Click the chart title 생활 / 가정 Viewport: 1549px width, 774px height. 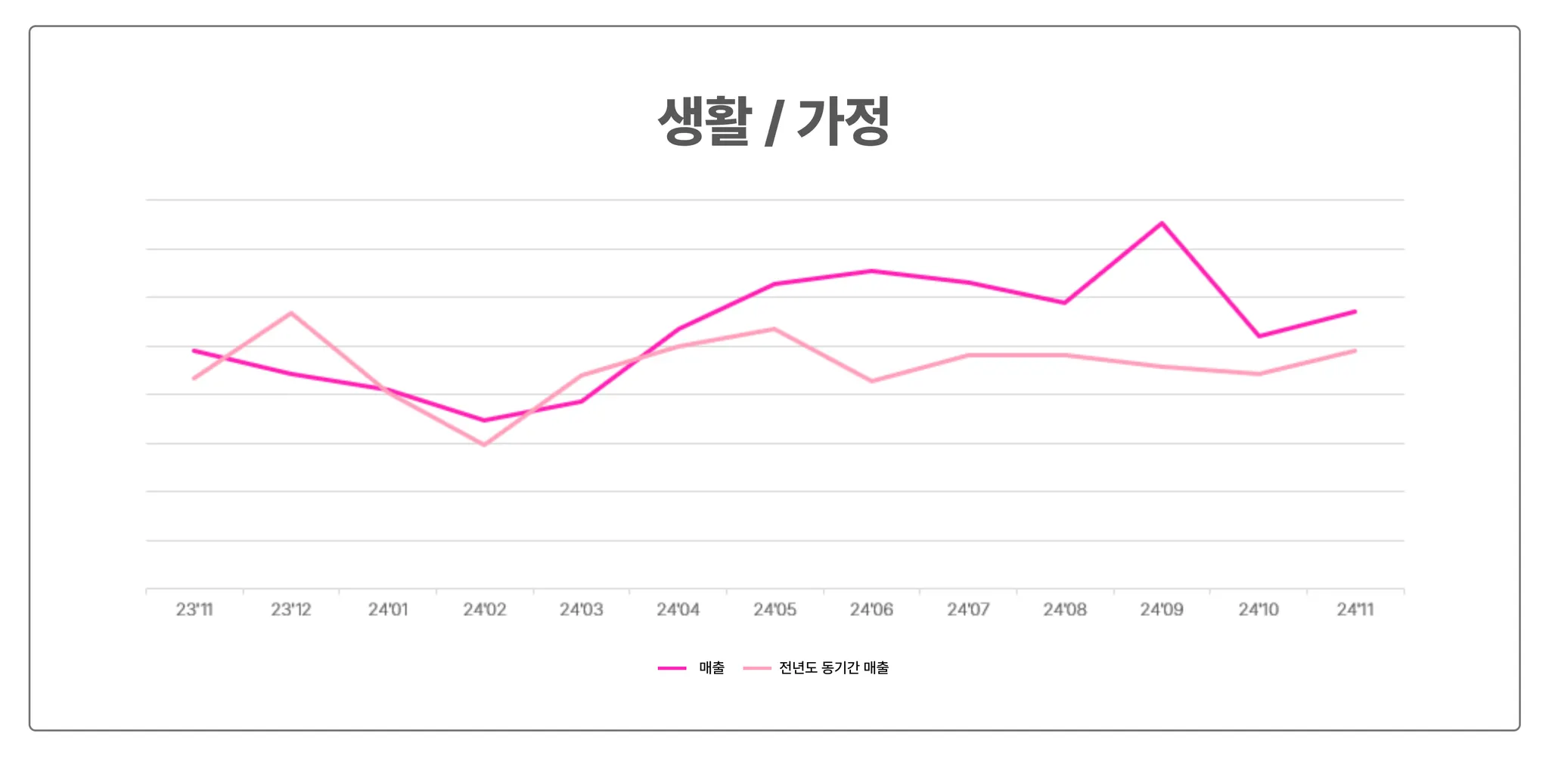tap(774, 121)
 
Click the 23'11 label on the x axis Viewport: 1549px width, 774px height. tap(194, 609)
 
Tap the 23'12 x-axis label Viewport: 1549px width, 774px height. tap(291, 609)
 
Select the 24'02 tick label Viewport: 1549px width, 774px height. tap(485, 609)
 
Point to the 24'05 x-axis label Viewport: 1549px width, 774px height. tap(775, 609)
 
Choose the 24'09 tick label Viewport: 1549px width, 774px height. tap(1162, 609)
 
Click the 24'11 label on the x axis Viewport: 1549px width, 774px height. tap(1355, 609)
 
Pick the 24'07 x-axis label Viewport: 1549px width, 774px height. tap(968, 609)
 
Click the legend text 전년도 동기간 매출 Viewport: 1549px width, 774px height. tap(833, 668)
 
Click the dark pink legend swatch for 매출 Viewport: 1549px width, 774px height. tap(672, 668)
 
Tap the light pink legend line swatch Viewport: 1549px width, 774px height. tap(756, 668)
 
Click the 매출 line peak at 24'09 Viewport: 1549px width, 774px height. tap(1162, 223)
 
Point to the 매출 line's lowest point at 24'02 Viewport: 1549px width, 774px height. tap(484, 420)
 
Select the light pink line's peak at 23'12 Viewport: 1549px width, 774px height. tap(291, 313)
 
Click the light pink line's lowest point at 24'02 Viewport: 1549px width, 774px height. tap(484, 445)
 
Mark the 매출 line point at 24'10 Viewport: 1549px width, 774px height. tap(1259, 336)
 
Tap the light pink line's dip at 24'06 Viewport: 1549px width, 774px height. tap(871, 381)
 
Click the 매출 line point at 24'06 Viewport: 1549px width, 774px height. tap(871, 271)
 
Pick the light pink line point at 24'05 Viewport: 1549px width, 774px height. tap(774, 329)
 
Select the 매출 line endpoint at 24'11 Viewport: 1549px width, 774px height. tap(1355, 311)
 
